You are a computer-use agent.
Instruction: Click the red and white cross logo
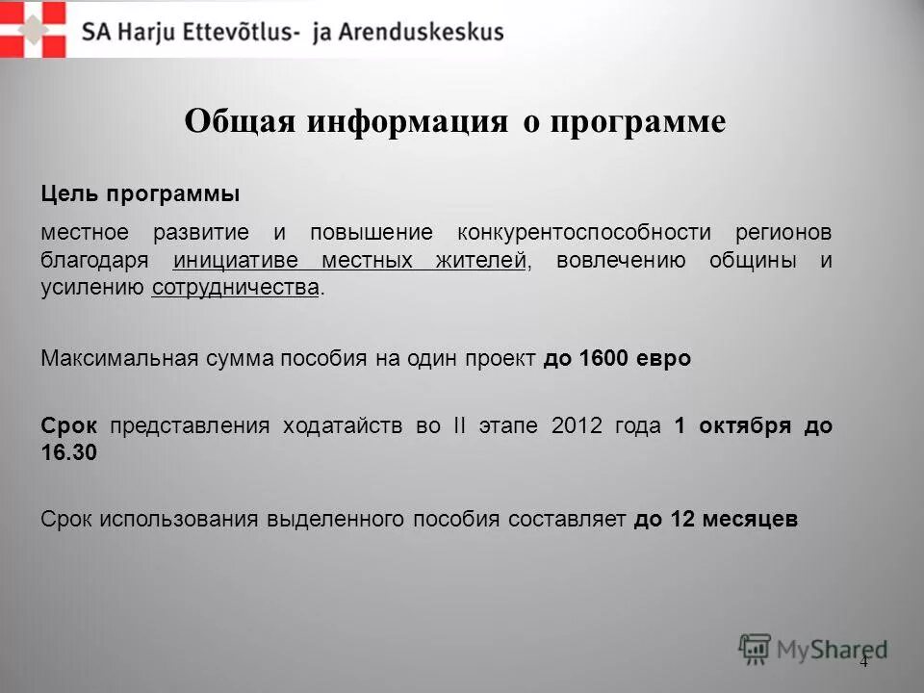coord(34,29)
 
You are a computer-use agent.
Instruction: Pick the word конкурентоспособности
coord(584,233)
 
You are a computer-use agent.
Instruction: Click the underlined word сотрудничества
coord(235,288)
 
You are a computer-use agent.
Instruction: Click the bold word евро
coord(664,359)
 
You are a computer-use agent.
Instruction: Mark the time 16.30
coord(69,453)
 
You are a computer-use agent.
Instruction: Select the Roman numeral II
coord(456,425)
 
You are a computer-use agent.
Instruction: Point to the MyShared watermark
coord(813,648)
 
